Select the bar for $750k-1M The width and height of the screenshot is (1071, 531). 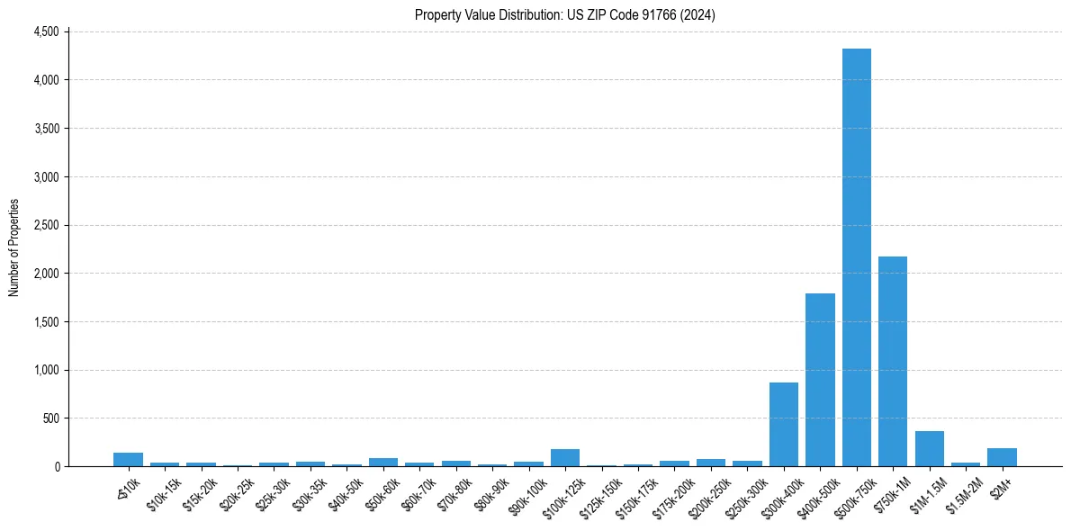893,361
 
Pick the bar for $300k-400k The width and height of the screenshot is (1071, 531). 783,424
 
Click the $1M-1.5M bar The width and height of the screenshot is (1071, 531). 929,448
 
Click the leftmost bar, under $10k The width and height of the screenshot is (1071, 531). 128,459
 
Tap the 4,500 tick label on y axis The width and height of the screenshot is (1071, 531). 46,31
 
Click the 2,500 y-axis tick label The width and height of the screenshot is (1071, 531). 46,225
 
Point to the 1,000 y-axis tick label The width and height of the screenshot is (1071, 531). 46,370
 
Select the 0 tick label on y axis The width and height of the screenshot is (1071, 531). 55,466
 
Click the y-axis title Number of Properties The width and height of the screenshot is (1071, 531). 13,248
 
